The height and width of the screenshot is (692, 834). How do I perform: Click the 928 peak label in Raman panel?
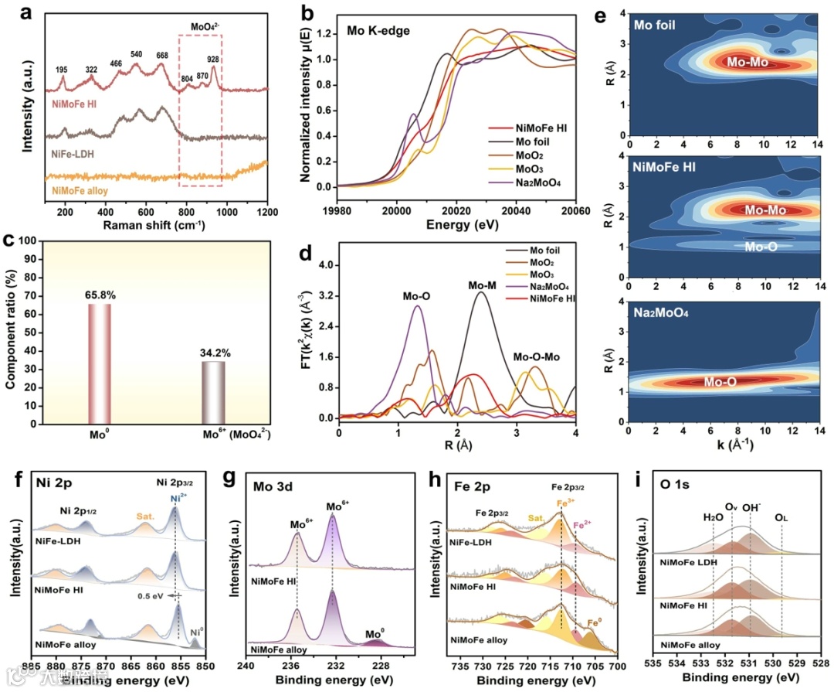point(213,60)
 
